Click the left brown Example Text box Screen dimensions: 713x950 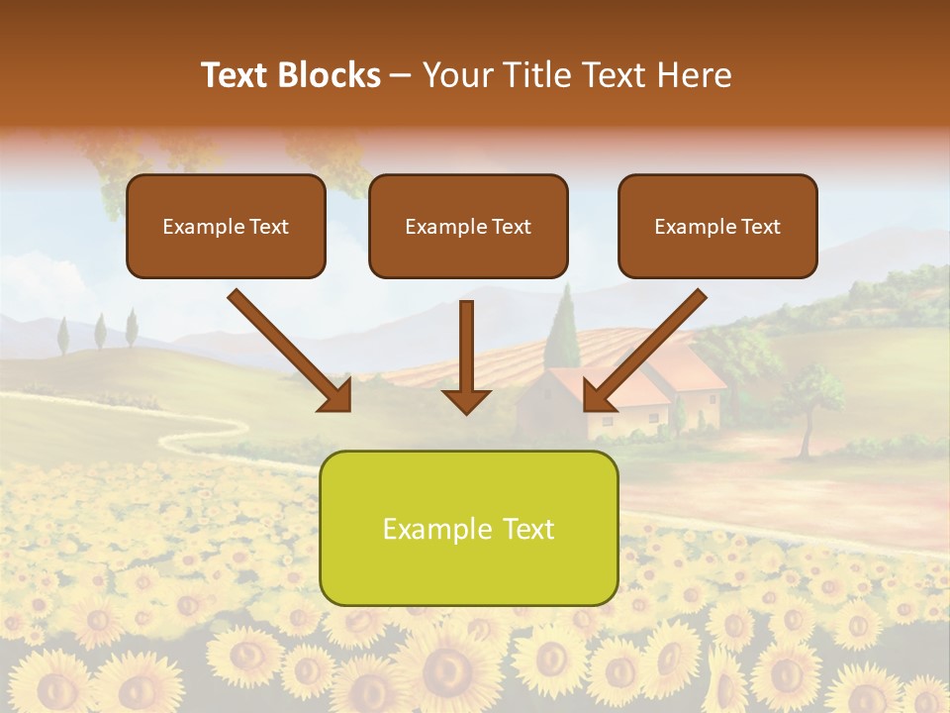226,226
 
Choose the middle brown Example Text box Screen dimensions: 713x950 468,226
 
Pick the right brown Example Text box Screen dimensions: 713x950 717,226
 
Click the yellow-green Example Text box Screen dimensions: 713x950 468,528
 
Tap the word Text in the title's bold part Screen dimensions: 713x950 237,75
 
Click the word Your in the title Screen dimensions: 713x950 458,75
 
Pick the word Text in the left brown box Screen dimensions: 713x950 269,227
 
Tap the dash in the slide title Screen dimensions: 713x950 402,76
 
